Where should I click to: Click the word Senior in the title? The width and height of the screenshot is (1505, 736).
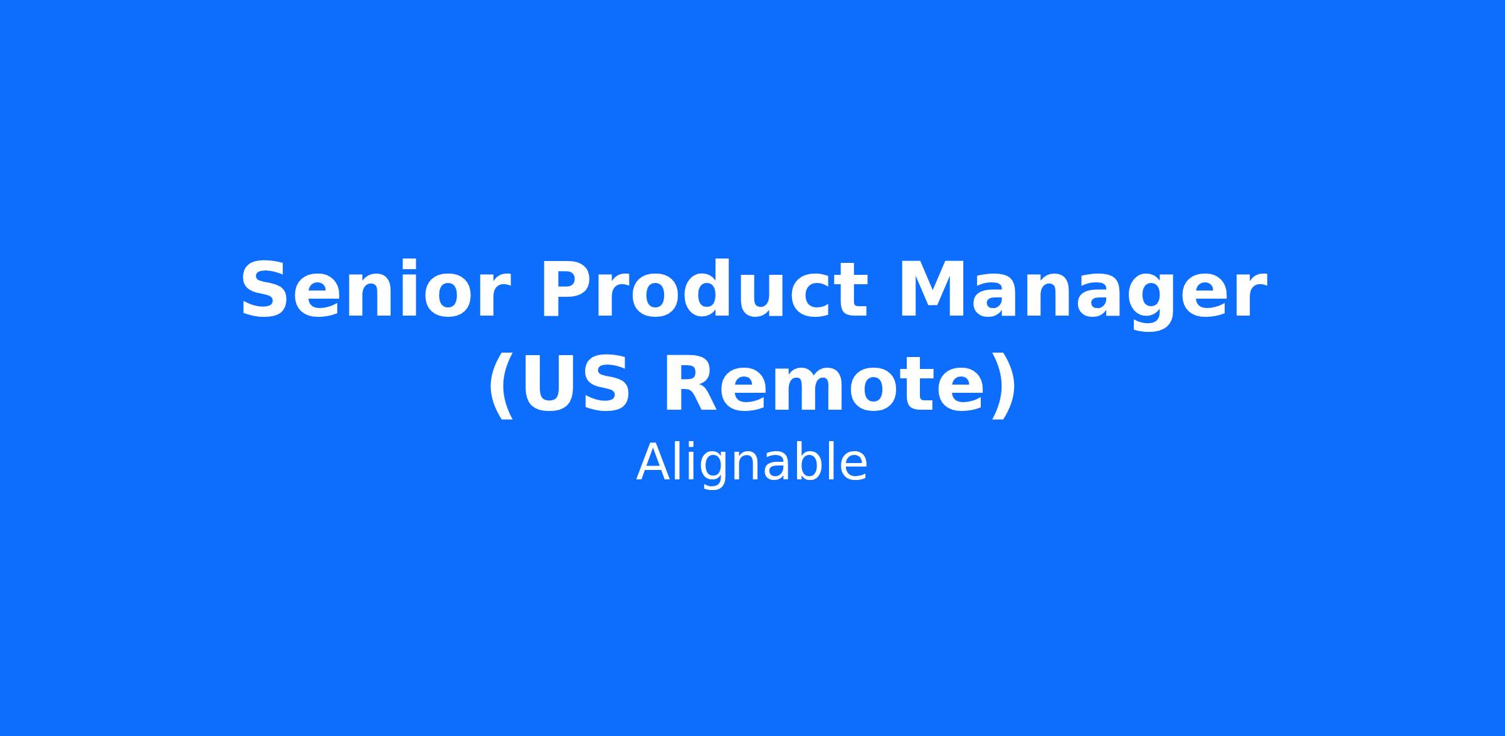pos(374,290)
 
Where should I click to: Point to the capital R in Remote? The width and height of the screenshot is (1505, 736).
pos(693,383)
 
